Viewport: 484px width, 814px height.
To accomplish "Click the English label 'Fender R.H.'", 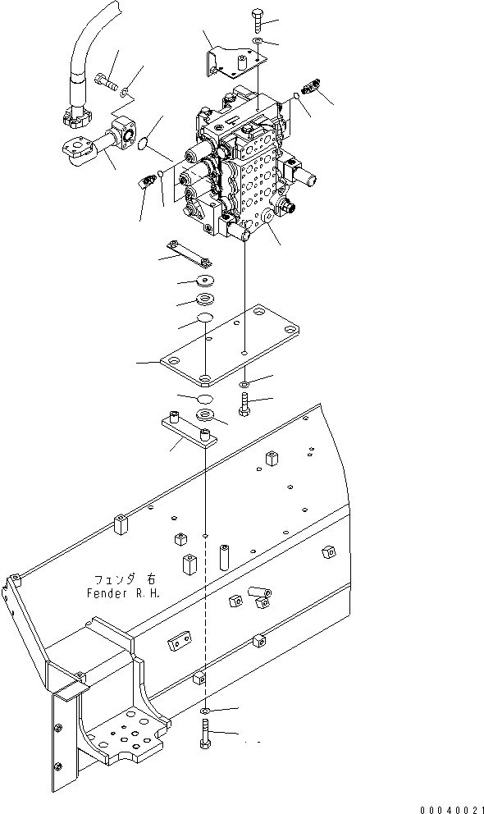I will pos(121,592).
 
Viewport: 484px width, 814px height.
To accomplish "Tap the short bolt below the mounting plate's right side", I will pos(244,404).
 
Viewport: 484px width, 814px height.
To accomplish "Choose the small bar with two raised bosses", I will pos(188,428).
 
